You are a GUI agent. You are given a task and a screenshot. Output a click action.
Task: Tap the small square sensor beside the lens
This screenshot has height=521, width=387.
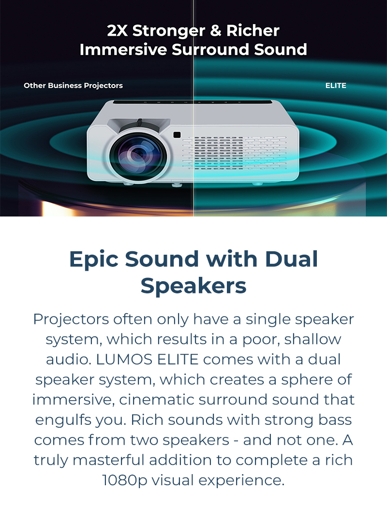click(177, 135)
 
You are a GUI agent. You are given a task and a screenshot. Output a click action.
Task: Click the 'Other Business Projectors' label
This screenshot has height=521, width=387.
click(73, 86)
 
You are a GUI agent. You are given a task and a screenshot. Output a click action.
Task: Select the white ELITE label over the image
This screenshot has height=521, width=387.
click(336, 86)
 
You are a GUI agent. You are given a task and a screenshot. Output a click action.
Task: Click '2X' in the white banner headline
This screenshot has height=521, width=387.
click(118, 31)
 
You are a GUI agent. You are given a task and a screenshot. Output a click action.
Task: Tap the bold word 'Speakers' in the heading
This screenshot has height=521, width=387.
click(193, 286)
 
